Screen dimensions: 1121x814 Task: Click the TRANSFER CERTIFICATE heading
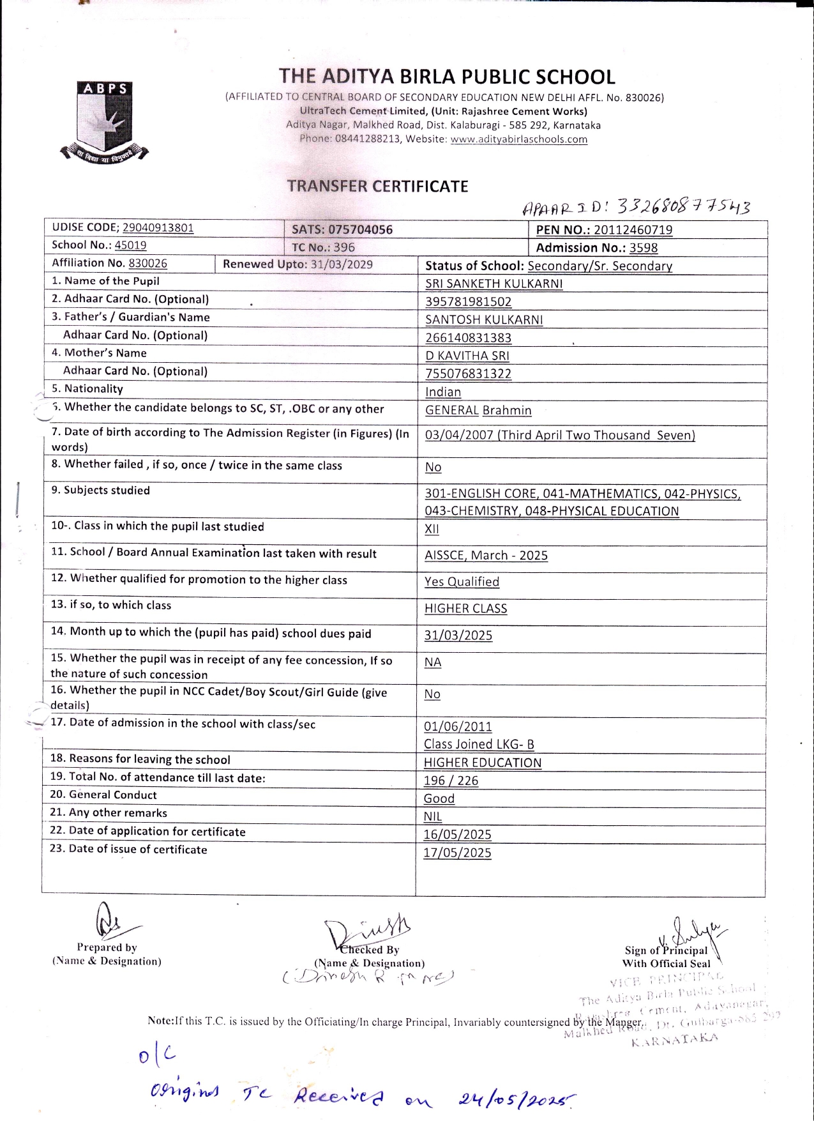377,187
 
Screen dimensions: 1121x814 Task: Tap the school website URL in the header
518,139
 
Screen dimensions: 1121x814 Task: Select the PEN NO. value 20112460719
633,230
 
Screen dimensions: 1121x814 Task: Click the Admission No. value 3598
643,248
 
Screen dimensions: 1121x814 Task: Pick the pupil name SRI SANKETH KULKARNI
494,284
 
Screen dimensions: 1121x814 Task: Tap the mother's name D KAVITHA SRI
467,356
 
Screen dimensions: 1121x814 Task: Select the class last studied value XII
432,529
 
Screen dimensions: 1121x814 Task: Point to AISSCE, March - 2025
486,555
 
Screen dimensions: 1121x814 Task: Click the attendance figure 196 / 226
451,781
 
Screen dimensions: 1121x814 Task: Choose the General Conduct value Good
439,798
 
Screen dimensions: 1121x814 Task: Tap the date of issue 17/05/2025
457,853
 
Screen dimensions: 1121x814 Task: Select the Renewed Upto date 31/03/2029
341,264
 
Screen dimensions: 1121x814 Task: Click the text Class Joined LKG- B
479,744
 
